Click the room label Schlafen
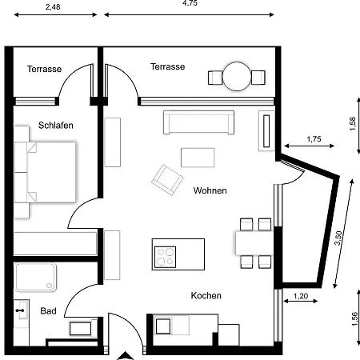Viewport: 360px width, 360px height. tap(56, 126)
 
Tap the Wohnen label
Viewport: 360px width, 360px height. tap(210, 190)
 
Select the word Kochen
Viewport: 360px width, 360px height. tap(206, 295)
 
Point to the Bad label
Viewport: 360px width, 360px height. tap(48, 311)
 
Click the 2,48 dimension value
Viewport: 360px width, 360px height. tap(53, 7)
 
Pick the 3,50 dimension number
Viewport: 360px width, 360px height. tap(338, 238)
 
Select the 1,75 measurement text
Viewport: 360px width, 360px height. tap(314, 139)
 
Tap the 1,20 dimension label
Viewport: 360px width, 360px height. tap(301, 296)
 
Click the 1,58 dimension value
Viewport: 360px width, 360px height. tap(353, 124)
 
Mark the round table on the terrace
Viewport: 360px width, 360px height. tap(237, 77)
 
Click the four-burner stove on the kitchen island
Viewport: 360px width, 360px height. tap(165, 257)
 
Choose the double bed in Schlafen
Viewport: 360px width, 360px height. tap(45, 172)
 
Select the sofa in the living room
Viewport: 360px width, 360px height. tap(198, 122)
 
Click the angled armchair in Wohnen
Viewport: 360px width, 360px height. tap(167, 180)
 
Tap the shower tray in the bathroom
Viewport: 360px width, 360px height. tap(35, 277)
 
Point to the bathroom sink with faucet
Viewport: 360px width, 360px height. tap(22, 310)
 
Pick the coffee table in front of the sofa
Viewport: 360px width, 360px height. tap(198, 158)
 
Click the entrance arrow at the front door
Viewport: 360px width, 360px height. tap(126, 356)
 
